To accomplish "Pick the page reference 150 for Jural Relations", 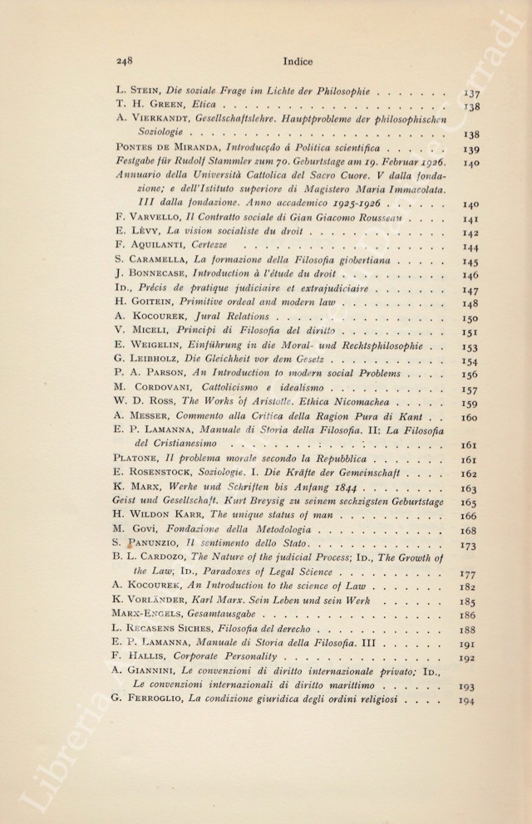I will [468, 319].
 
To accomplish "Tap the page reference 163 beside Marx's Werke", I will [468, 488].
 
